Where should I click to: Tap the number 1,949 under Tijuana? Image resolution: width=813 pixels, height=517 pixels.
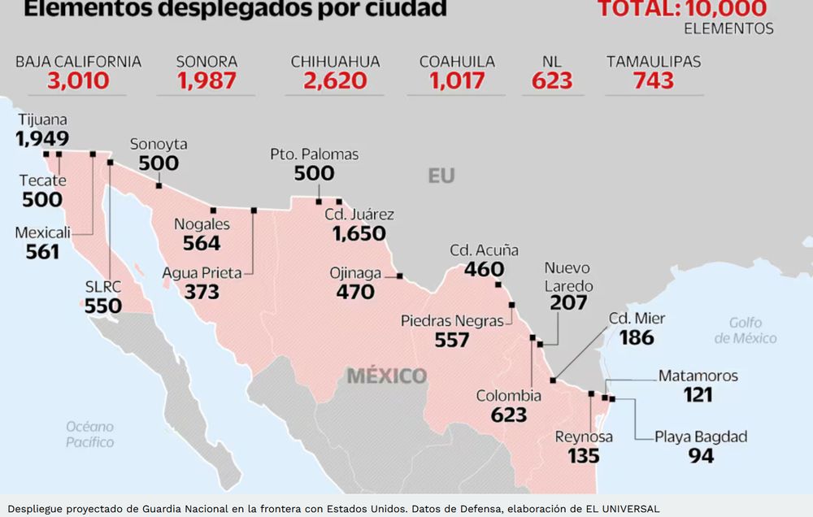[42, 138]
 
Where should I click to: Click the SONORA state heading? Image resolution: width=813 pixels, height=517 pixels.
[207, 62]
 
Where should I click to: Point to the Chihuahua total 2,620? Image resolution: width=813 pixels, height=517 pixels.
[335, 80]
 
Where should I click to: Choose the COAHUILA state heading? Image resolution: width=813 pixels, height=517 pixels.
[457, 62]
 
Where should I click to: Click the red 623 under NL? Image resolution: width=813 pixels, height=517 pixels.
[552, 80]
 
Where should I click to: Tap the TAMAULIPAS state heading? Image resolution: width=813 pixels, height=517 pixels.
[654, 62]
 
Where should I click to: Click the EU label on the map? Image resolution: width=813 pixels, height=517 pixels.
[441, 176]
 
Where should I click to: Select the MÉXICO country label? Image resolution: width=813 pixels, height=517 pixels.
[386, 376]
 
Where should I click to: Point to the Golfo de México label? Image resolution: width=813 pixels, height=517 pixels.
[746, 330]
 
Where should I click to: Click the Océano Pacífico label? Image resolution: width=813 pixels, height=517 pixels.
[90, 434]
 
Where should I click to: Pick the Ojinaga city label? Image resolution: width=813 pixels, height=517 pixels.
[355, 272]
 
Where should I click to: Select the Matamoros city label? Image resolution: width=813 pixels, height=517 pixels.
[698, 376]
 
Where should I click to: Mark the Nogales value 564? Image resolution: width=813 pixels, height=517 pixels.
[202, 243]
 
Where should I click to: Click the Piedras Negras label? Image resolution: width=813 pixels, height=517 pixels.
[452, 321]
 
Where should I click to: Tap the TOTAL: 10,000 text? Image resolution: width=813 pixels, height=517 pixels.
[682, 9]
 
